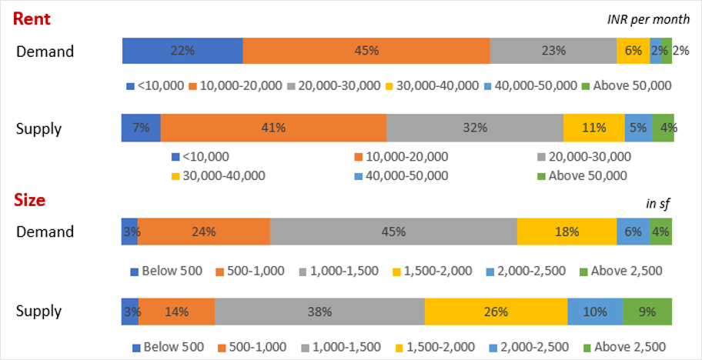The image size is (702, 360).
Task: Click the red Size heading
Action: (31, 201)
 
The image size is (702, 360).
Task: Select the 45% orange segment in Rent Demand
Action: (366, 51)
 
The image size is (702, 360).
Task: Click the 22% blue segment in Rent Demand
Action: (182, 51)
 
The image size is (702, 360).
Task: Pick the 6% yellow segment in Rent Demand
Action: (633, 51)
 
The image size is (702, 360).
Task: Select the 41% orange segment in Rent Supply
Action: (273, 128)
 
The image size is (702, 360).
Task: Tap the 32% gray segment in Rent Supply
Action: (475, 128)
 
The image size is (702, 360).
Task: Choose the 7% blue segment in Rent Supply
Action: (141, 128)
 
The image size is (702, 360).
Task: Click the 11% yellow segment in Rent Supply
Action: (593, 128)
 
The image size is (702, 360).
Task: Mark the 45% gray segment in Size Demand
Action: (393, 232)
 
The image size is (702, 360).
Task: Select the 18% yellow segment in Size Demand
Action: (567, 232)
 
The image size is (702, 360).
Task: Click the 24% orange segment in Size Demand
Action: (204, 232)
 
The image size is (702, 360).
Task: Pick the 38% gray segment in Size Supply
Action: (319, 312)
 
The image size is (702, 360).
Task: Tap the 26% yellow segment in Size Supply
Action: (496, 312)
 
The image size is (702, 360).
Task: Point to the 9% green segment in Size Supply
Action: (647, 312)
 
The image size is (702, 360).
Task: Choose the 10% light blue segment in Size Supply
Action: (595, 312)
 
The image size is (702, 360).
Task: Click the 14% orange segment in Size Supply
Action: (176, 312)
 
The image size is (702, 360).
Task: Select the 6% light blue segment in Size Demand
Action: (633, 232)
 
